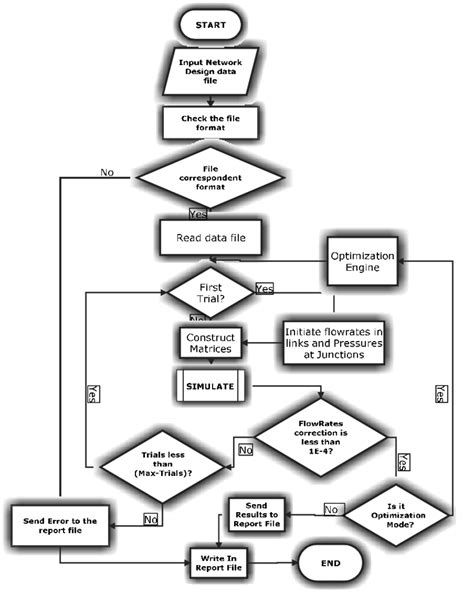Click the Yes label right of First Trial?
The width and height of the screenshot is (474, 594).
[x=265, y=288]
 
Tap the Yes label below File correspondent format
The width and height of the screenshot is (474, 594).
[x=198, y=214]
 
